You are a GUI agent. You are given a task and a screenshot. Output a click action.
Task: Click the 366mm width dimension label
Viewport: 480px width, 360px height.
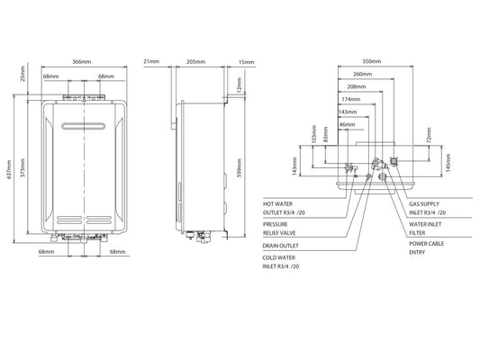tap(81, 61)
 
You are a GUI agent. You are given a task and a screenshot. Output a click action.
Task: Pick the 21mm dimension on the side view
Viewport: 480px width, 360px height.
tap(151, 61)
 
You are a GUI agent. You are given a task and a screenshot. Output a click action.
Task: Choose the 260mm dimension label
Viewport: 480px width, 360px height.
tap(363, 73)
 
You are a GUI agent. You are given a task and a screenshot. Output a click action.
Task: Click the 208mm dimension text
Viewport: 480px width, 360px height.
tap(356, 85)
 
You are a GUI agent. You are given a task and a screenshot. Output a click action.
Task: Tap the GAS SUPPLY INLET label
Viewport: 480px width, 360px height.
tap(427, 208)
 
